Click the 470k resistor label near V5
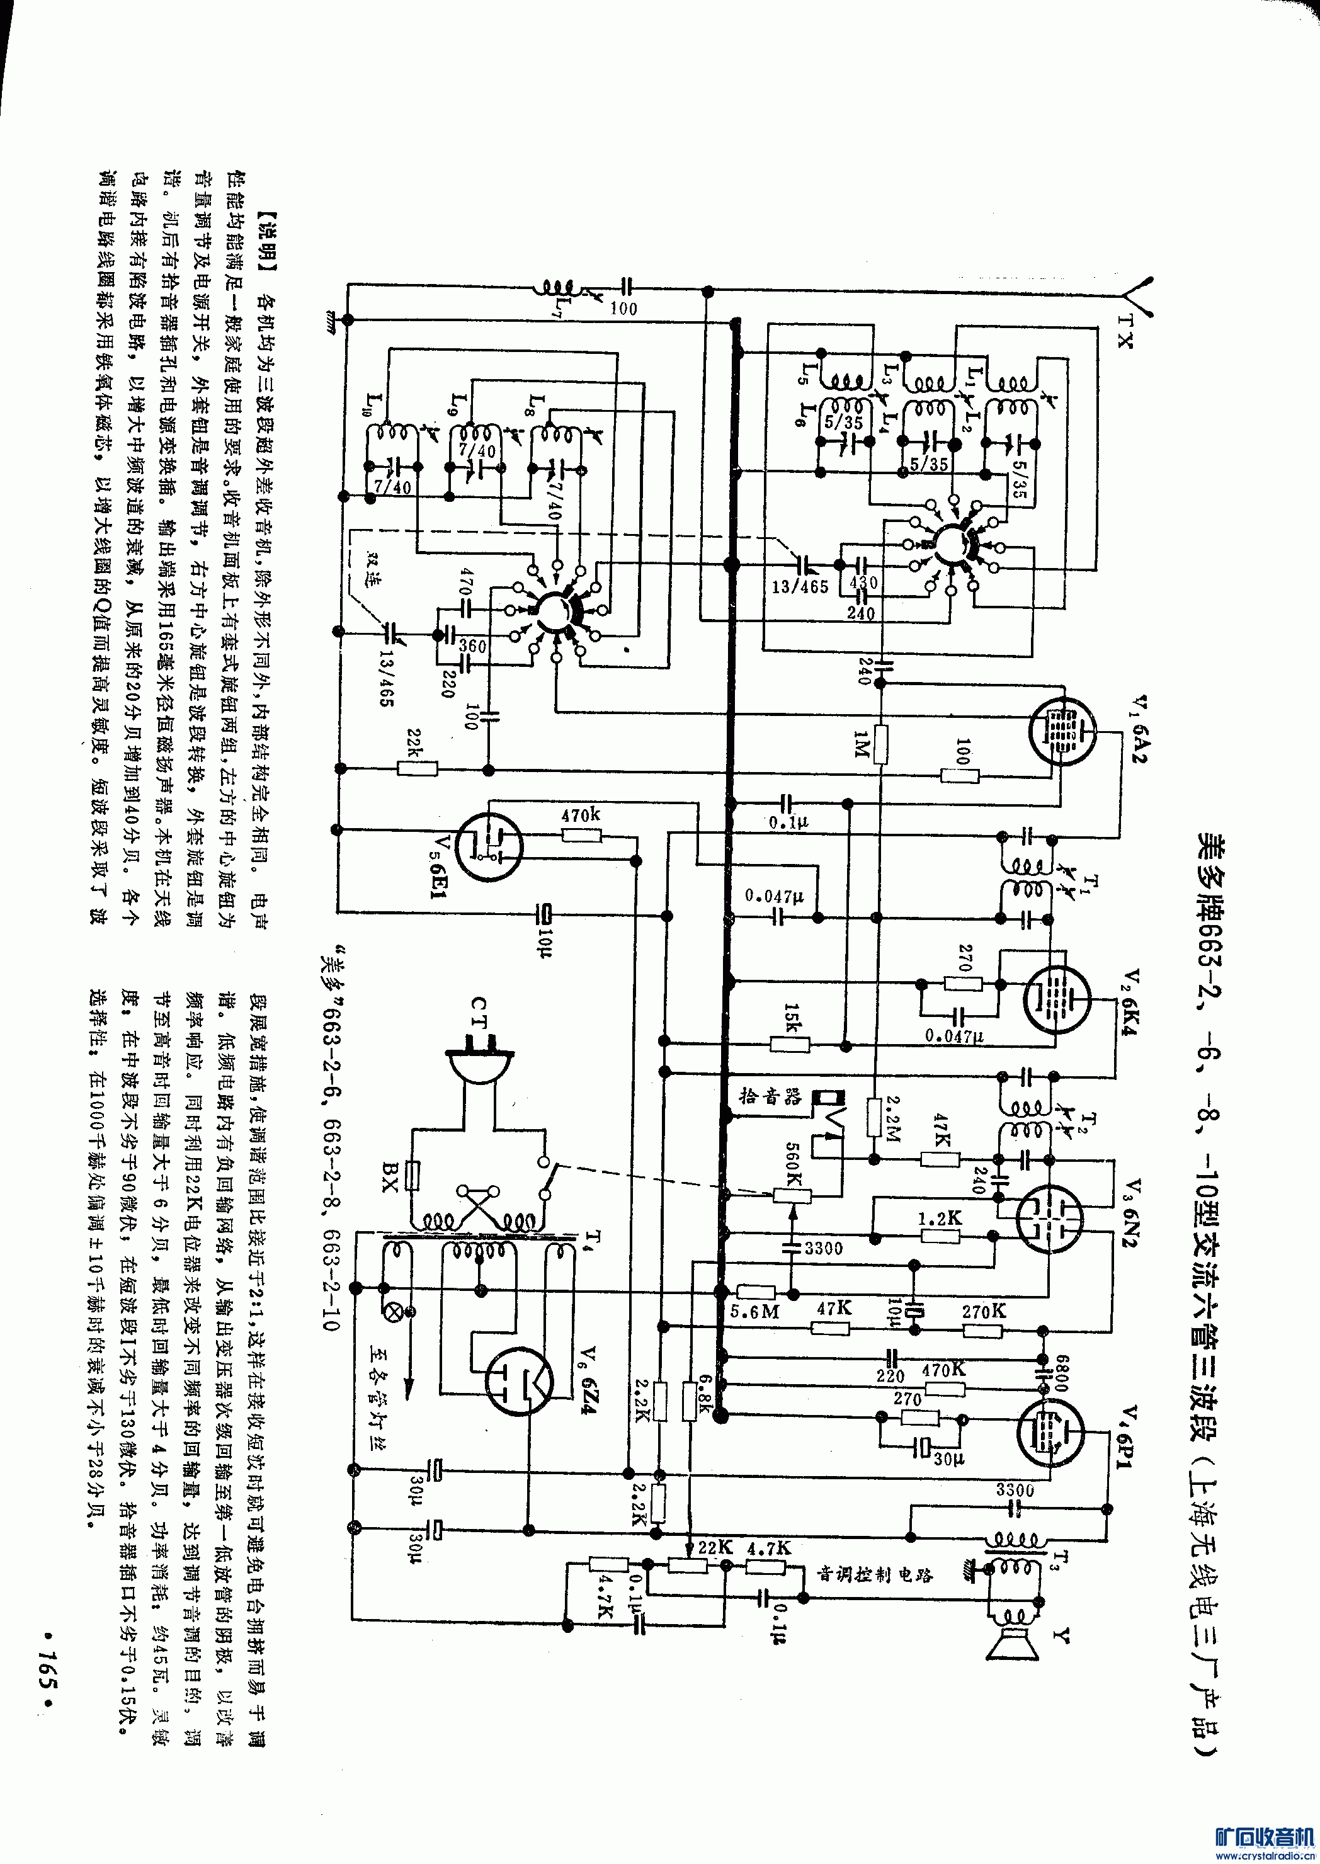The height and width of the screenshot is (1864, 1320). (x=581, y=814)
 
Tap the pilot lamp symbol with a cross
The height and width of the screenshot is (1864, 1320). (x=397, y=1310)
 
